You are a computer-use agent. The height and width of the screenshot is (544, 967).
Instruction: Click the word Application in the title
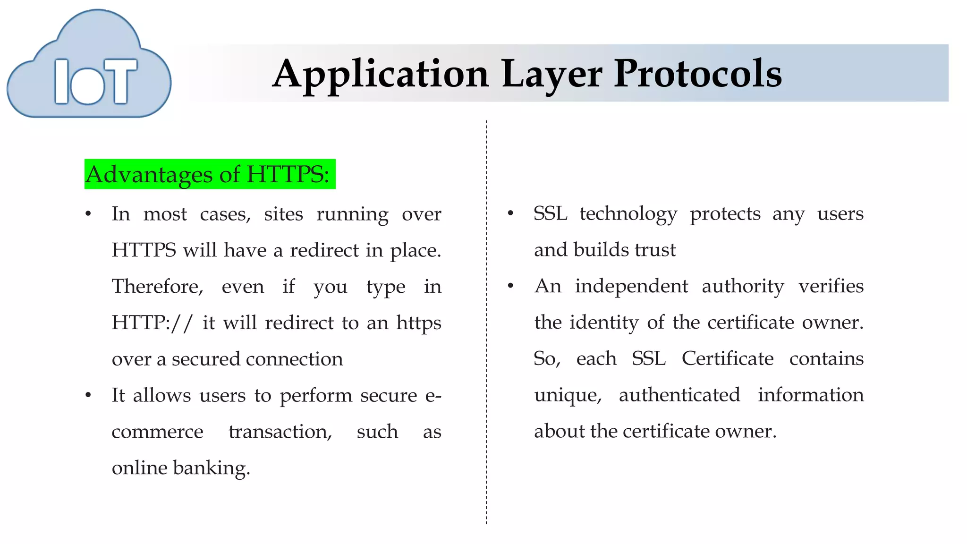point(381,74)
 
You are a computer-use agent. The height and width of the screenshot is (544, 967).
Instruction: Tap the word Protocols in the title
point(697,74)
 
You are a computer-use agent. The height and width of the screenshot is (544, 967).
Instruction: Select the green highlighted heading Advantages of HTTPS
point(210,174)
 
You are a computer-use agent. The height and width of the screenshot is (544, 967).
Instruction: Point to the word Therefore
point(157,287)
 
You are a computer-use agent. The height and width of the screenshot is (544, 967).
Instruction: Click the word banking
point(211,468)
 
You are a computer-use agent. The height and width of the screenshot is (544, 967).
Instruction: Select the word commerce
point(157,432)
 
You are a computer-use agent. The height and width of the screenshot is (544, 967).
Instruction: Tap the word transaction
point(280,432)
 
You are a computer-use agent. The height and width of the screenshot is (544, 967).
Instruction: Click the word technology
point(628,214)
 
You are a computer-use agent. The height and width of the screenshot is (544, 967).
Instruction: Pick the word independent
point(631,286)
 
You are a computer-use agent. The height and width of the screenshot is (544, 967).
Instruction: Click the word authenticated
point(679,395)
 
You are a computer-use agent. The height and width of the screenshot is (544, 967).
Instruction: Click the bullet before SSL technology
point(510,214)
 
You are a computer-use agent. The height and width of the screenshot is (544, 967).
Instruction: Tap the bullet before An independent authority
point(510,286)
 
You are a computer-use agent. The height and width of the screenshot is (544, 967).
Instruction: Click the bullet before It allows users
point(88,395)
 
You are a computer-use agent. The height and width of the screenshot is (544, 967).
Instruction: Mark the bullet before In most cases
point(88,214)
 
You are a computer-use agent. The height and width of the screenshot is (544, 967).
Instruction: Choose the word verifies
point(831,286)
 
